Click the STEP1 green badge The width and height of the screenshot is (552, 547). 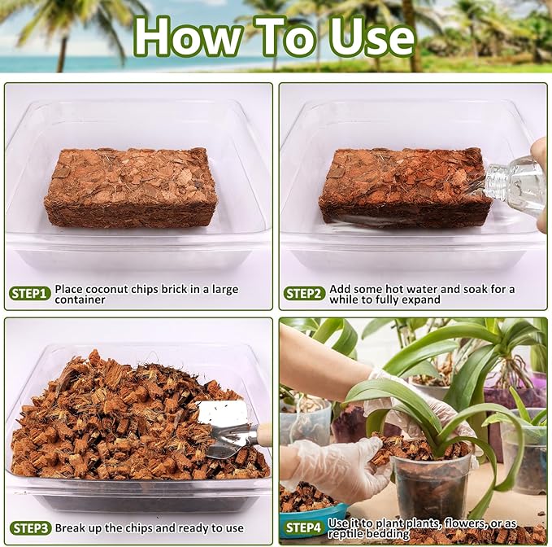(31, 293)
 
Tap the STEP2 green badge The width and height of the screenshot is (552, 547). (305, 293)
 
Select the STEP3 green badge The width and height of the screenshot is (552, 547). (31, 527)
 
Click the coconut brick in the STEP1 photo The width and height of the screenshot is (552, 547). (130, 186)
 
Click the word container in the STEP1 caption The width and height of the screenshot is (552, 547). (80, 300)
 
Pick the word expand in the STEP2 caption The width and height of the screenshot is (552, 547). (420, 300)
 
